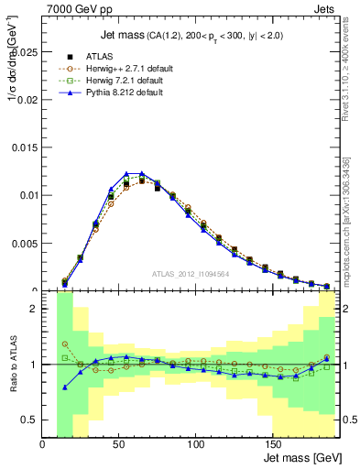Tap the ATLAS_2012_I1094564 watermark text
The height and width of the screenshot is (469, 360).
tap(191, 273)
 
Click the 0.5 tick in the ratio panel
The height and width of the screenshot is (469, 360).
tap(30, 420)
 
